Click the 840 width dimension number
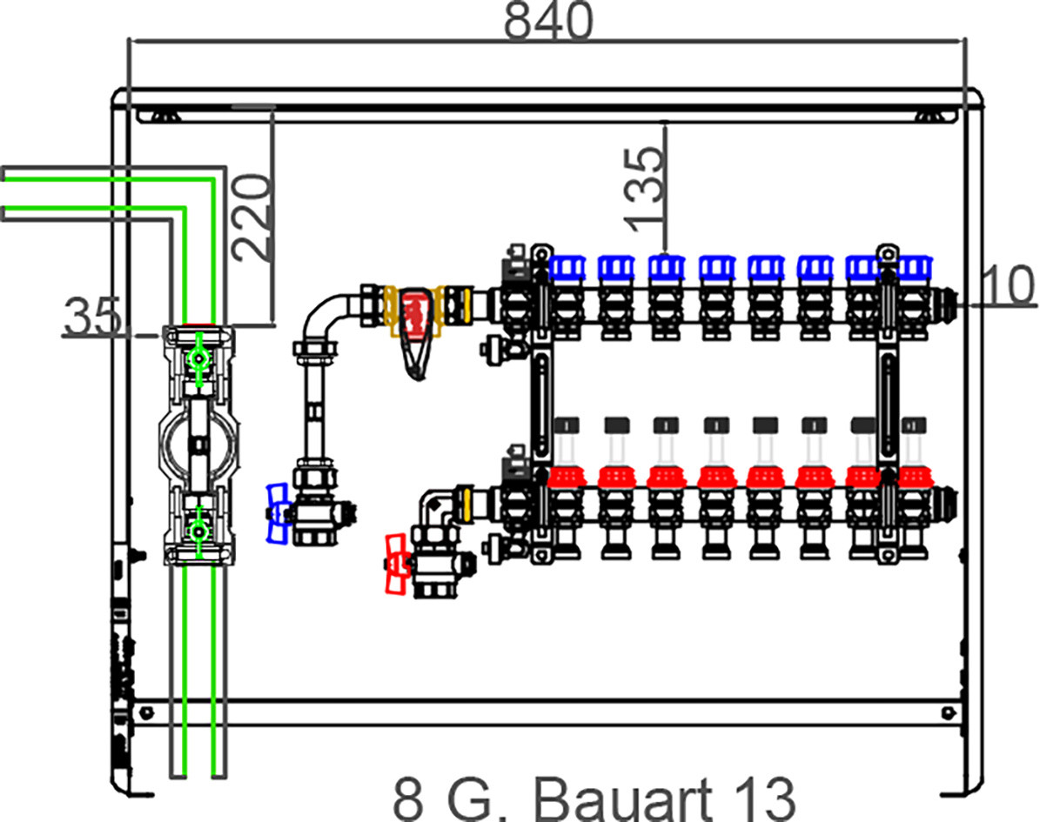coord(548,20)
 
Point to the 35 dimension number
coord(93,317)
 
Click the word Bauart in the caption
coord(623,799)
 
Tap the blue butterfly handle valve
coord(278,514)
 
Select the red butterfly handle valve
coord(397,565)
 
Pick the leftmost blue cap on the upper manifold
coord(567,268)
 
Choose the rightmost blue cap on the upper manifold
coord(915,268)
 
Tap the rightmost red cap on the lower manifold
coord(915,477)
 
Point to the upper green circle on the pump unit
coord(198,359)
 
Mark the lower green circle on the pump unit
coord(198,531)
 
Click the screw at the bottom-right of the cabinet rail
coord(949,713)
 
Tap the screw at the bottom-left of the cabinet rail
coord(146,712)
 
